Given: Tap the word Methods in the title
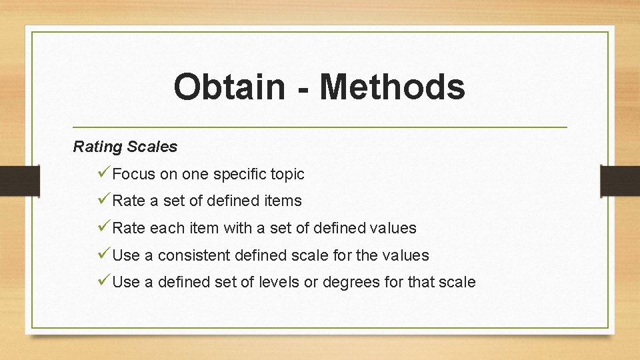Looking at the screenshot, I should (392, 87).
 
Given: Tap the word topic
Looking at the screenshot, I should (287, 175).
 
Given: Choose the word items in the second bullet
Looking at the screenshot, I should (284, 201).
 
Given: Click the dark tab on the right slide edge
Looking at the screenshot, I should (620, 181).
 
